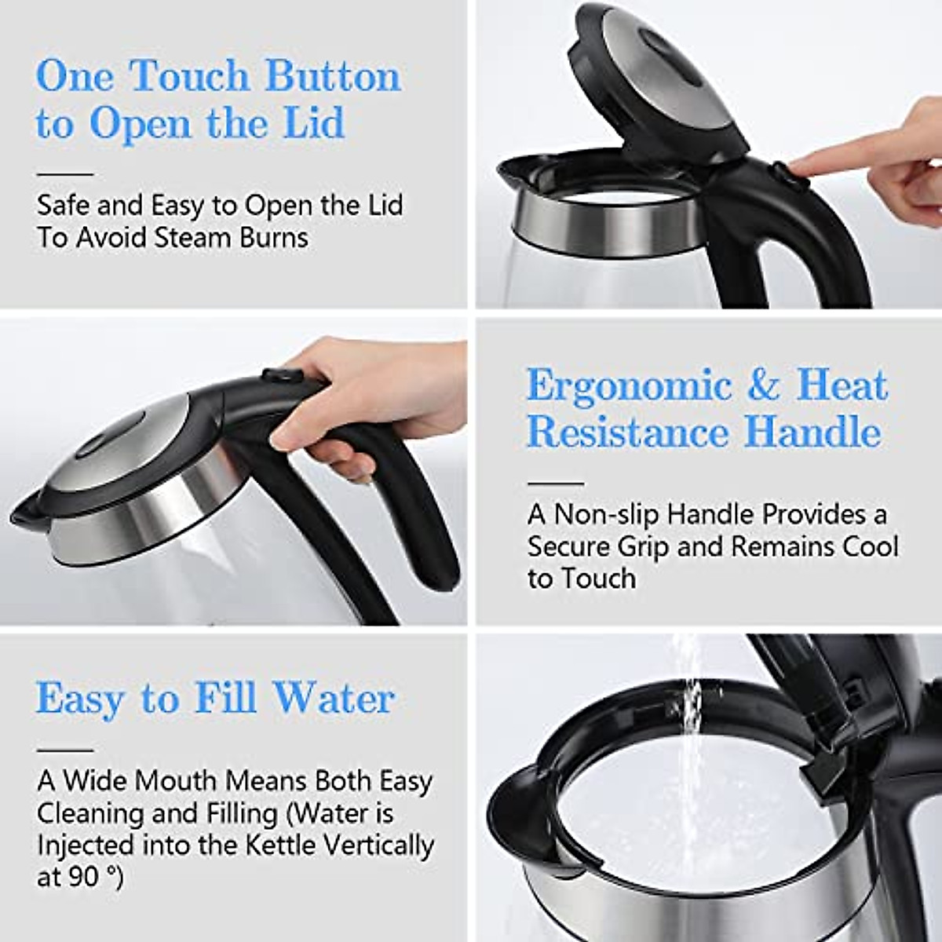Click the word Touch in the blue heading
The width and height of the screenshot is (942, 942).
(191, 77)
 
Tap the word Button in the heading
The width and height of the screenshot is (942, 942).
(332, 77)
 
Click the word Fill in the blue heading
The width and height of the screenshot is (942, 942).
(225, 698)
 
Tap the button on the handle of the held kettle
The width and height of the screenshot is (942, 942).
(277, 375)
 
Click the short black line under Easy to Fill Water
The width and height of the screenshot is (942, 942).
(64, 750)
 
